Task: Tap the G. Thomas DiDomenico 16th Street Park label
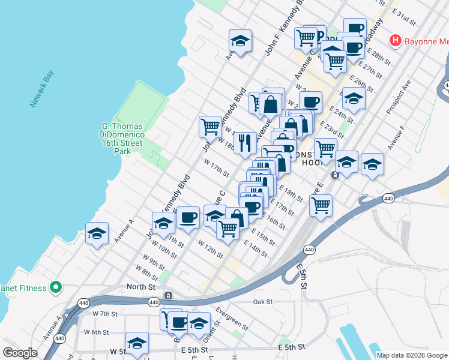tap(122, 139)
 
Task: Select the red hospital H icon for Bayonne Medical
tap(395, 41)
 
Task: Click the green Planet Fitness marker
tap(56, 288)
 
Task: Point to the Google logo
tap(20, 353)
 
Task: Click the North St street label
tap(141, 287)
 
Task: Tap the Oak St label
tap(263, 301)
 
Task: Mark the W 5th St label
tap(121, 351)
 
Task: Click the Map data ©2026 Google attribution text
tap(411, 355)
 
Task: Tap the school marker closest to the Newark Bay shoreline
tap(97, 233)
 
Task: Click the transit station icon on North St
tap(168, 296)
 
